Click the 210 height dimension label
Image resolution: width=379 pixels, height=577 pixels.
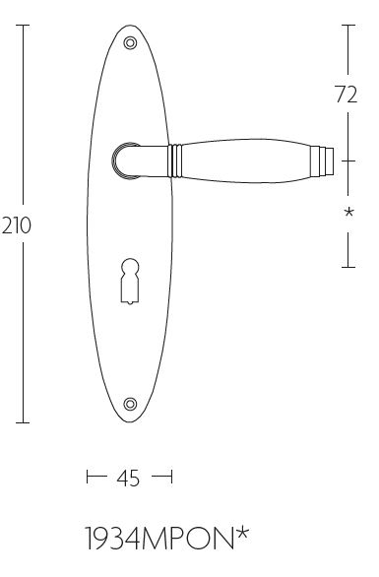(17, 225)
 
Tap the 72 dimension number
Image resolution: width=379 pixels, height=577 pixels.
(347, 95)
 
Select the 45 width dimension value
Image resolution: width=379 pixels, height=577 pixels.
(128, 479)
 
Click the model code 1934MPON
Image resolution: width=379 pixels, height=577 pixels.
(159, 539)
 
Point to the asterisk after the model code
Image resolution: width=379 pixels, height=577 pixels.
(242, 534)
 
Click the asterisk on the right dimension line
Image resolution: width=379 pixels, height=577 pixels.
(348, 212)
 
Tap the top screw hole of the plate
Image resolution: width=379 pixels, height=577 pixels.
(130, 43)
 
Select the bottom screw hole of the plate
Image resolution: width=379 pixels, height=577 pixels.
(130, 404)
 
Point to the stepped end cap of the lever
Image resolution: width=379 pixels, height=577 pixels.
(322, 161)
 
